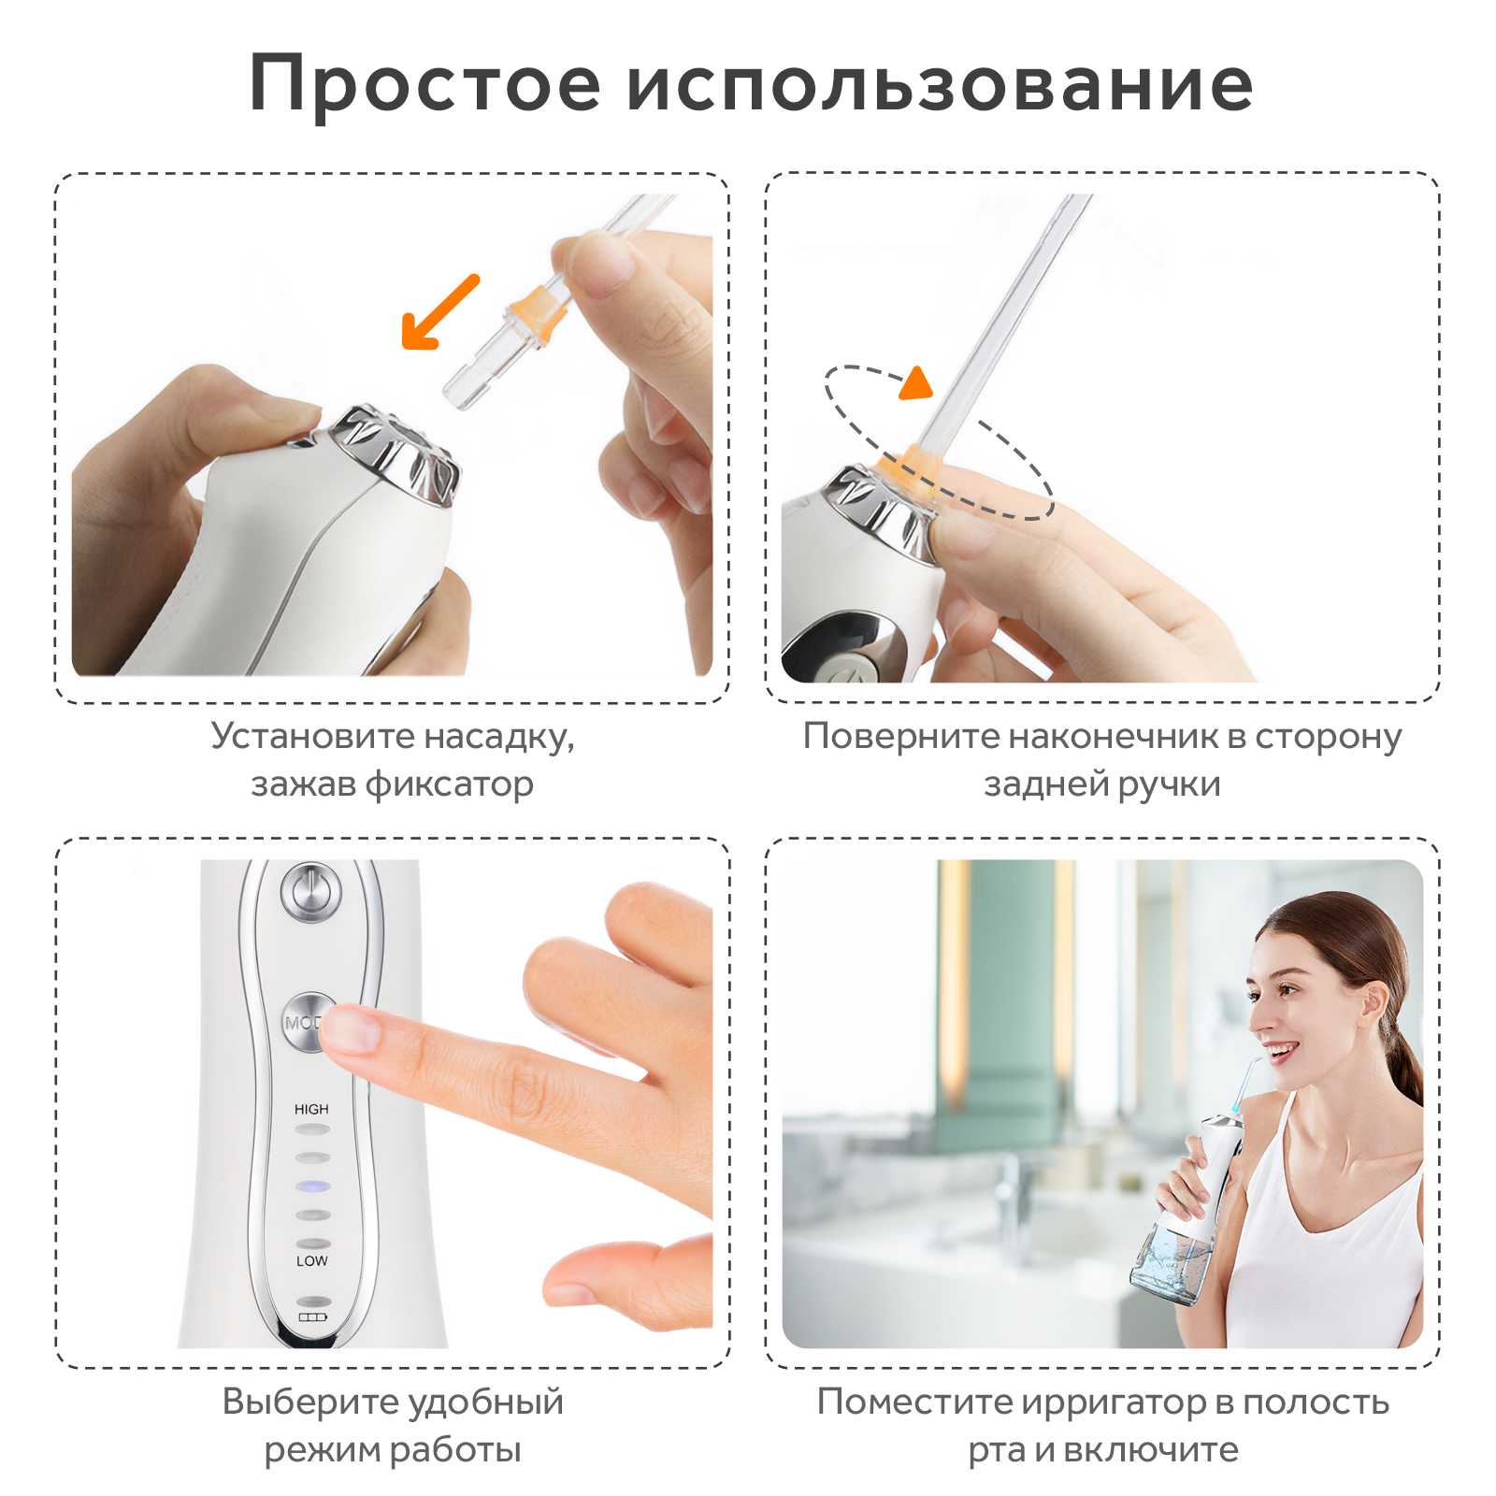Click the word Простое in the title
coord(425,84)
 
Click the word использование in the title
coord(940,84)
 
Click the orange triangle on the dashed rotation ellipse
coord(917,382)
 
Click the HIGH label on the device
coord(311,1109)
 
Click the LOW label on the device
coord(311,1260)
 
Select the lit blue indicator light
coord(313,1187)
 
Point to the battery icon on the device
coord(312,1316)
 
